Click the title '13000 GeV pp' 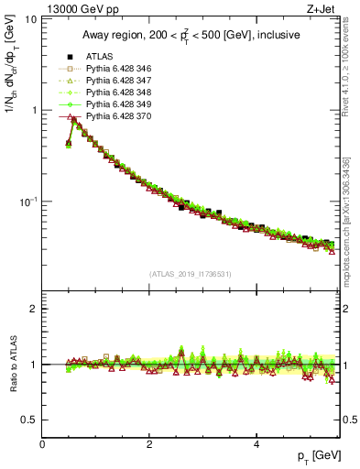click(x=81, y=8)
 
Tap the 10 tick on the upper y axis click(x=30, y=19)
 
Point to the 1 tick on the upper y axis click(x=33, y=110)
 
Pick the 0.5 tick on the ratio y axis click(x=30, y=420)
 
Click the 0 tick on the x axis click(x=42, y=444)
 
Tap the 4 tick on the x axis click(x=256, y=444)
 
